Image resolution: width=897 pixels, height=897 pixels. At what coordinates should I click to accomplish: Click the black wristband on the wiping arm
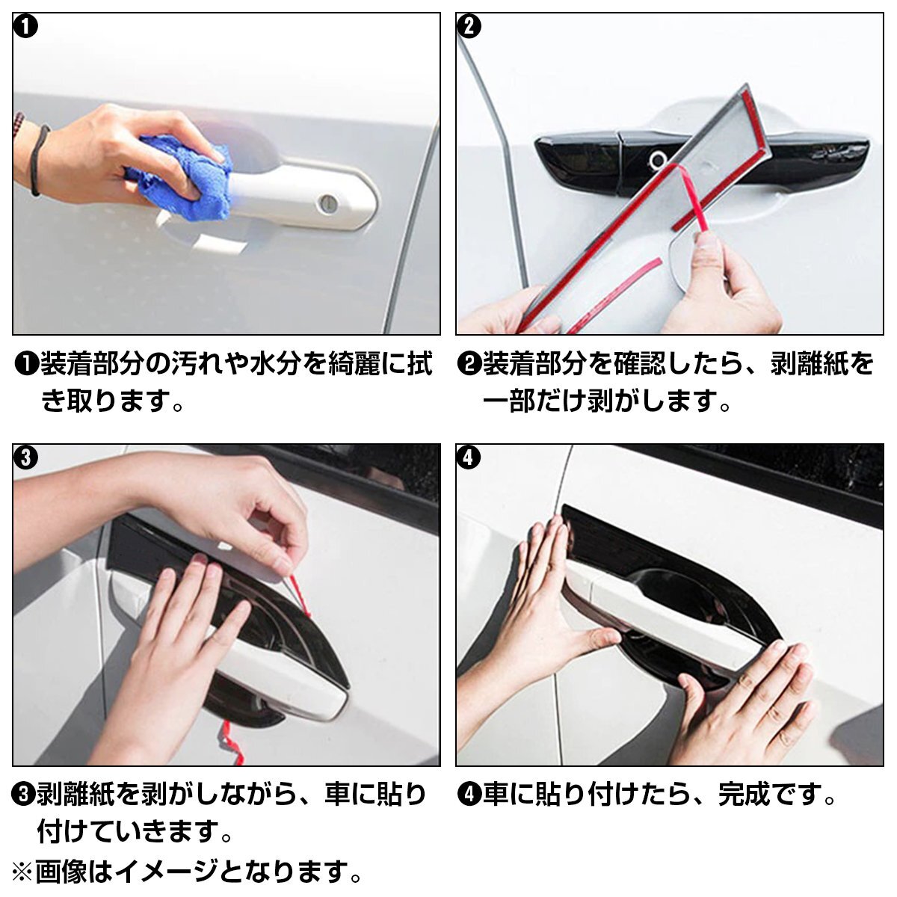coord(38,161)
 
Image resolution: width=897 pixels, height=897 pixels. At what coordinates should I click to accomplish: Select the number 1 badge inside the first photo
coord(25,28)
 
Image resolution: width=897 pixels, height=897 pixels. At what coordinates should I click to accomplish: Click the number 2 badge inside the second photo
coord(469,27)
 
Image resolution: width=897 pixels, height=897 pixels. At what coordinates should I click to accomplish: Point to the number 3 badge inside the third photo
coord(25,457)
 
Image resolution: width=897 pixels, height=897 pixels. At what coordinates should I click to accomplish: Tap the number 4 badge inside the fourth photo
coord(469,457)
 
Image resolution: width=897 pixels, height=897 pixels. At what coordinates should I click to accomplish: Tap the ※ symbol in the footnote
coord(22,872)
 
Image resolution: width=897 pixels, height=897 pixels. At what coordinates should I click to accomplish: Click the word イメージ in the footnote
coord(168,872)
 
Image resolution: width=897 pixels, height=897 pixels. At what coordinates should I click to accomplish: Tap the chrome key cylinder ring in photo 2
coord(659,160)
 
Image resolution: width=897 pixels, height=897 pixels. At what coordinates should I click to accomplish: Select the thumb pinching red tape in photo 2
coord(709,253)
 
